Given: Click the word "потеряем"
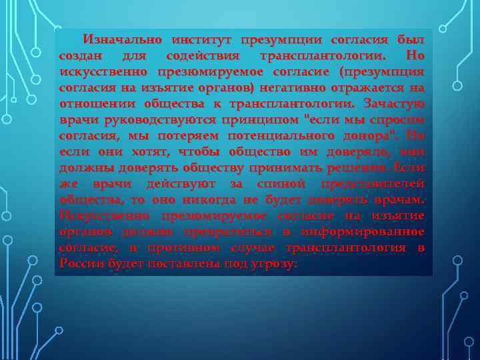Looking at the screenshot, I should [x=187, y=135].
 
